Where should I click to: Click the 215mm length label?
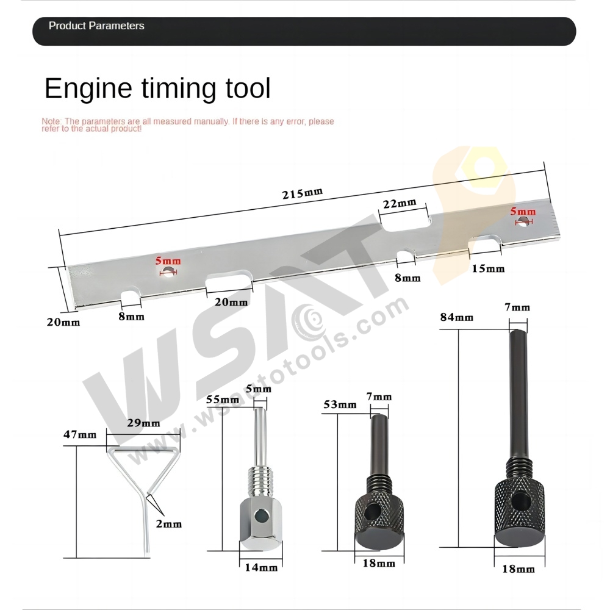302,194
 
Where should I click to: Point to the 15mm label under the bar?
487,268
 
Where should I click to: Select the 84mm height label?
456,317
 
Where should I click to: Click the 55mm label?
222,400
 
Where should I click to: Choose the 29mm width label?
145,423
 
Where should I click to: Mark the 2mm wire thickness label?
168,523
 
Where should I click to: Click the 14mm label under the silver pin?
260,567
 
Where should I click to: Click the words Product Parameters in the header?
96,26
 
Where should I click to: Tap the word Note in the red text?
51,121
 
